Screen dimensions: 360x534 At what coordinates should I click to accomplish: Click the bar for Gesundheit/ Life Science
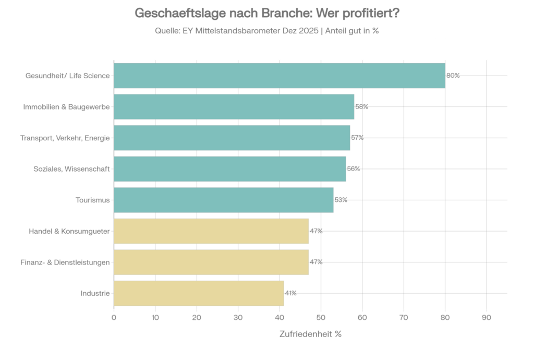(279, 76)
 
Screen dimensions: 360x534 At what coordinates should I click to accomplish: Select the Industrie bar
(198, 293)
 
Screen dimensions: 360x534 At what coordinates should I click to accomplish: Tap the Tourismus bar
(223, 200)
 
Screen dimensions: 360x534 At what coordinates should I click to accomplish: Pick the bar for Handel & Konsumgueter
(211, 231)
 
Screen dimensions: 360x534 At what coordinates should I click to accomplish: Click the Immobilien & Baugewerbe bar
(234, 106)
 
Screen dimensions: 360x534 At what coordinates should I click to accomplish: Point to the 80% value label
(453, 76)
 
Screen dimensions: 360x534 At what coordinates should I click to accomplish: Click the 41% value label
(290, 293)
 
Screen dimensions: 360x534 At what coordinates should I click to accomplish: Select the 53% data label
(341, 200)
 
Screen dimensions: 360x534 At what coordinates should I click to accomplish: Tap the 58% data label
(362, 106)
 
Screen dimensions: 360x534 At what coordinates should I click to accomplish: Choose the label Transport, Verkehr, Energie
(65, 138)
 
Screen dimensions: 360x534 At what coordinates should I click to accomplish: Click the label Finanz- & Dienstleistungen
(65, 262)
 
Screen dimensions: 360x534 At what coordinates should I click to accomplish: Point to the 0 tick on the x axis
(114, 317)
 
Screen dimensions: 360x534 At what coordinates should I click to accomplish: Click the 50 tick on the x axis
(321, 317)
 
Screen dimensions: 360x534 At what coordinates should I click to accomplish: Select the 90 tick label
(487, 317)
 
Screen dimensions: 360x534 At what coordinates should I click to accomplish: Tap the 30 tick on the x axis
(238, 317)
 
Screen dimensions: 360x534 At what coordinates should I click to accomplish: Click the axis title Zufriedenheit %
(310, 334)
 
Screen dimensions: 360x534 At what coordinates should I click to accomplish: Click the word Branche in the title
(278, 13)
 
